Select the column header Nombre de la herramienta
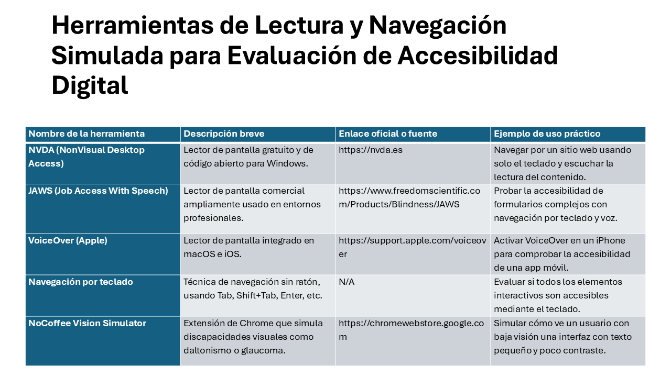86,134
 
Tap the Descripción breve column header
224,134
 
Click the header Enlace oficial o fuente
388,134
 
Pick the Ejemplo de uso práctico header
547,134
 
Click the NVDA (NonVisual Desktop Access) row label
86,157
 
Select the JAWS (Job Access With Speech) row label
98,191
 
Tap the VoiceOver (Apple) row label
68,240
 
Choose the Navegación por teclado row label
81,282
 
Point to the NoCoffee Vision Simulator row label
87,323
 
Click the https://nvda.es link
371,150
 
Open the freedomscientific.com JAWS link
409,197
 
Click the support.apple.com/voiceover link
413,247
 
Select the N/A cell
347,282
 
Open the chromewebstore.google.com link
412,330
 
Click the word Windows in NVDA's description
287,164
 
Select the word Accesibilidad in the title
478,56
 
